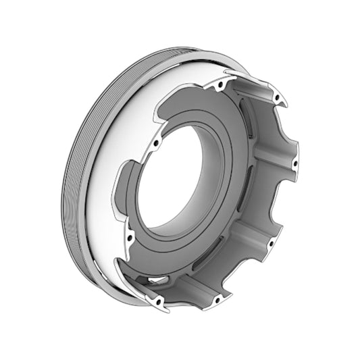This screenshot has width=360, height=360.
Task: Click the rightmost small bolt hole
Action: pyautogui.click(x=294, y=163)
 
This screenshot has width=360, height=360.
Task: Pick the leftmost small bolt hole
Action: pyautogui.click(x=126, y=236)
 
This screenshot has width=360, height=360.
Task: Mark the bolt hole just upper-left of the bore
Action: pyautogui.click(x=156, y=143)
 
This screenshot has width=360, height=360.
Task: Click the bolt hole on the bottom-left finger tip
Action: pyautogui.click(x=159, y=303)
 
